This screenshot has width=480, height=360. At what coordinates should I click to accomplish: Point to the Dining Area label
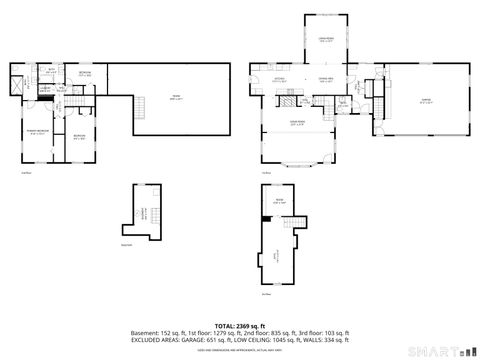pos(326,80)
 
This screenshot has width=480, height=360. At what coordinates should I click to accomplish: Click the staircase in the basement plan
pos(143,213)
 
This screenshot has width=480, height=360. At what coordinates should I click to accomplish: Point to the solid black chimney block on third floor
pos(266,219)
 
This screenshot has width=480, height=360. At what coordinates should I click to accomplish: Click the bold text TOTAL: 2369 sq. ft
pos(238,325)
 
